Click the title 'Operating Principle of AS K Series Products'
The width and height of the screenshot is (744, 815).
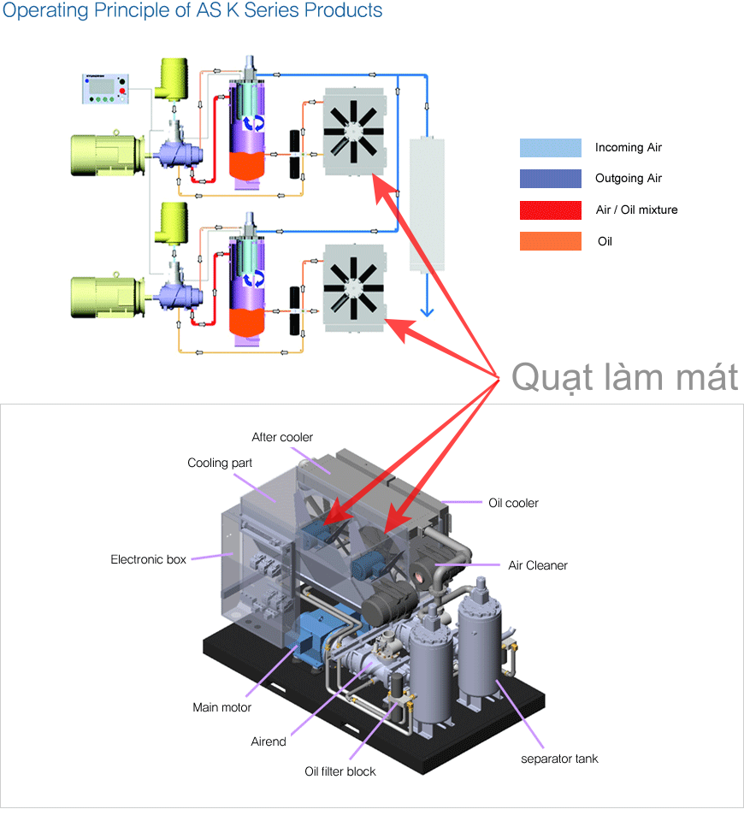click(x=192, y=11)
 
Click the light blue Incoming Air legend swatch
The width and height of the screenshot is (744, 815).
click(x=550, y=147)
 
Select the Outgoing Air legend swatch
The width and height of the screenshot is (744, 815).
click(x=550, y=179)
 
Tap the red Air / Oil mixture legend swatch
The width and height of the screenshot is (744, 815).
click(x=550, y=210)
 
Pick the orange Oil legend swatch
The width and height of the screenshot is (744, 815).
click(x=550, y=241)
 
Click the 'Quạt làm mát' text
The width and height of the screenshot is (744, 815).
click(x=625, y=376)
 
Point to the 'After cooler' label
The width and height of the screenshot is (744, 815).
click(x=282, y=437)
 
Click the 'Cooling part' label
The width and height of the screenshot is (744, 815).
click(x=220, y=463)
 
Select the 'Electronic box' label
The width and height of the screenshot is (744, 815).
click(x=148, y=559)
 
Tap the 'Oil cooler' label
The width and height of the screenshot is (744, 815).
click(x=513, y=503)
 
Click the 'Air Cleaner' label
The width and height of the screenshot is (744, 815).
click(x=538, y=565)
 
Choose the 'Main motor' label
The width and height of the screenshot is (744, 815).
click(x=221, y=707)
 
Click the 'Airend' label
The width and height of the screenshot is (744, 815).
click(x=269, y=741)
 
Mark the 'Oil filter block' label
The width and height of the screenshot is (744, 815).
click(x=340, y=771)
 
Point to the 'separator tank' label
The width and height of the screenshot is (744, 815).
click(x=560, y=759)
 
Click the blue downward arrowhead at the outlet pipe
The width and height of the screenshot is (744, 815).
click(x=425, y=311)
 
